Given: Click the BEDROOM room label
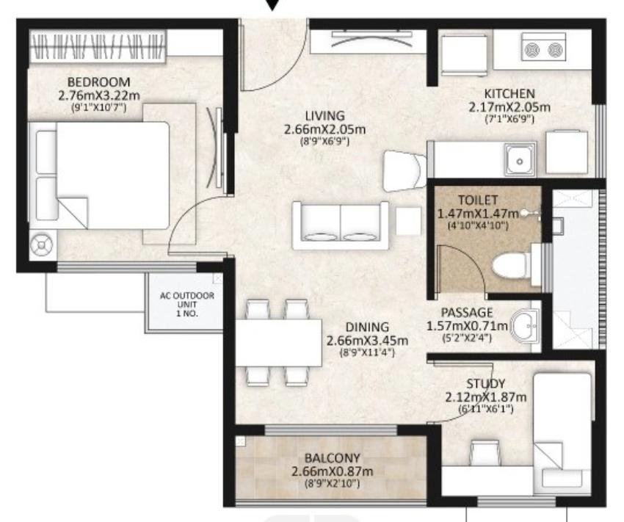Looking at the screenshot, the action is click(x=98, y=82).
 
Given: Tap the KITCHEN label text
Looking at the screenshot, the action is click(x=509, y=94).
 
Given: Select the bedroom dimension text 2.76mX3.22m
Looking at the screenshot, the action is click(x=99, y=95).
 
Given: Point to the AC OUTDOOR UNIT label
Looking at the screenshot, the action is click(x=187, y=305).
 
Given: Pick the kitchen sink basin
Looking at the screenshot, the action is click(x=520, y=160).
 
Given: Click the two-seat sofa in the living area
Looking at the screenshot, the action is click(x=340, y=225).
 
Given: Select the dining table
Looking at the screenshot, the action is click(x=278, y=342).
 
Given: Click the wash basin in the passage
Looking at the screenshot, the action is click(x=526, y=326).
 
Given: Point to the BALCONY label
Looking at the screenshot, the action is click(x=333, y=458).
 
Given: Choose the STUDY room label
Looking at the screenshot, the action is click(x=485, y=384).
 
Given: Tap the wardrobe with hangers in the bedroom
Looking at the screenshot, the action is click(x=98, y=46).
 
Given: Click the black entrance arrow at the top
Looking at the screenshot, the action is click(x=272, y=5).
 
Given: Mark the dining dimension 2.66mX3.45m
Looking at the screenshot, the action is click(x=367, y=341).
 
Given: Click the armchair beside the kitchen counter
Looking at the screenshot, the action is click(x=403, y=171).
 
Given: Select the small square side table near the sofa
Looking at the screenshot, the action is click(x=408, y=221).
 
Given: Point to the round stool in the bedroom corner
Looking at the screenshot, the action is click(x=42, y=246).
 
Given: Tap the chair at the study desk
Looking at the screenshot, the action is click(x=485, y=452).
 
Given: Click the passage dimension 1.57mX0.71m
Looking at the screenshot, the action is click(x=468, y=326).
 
